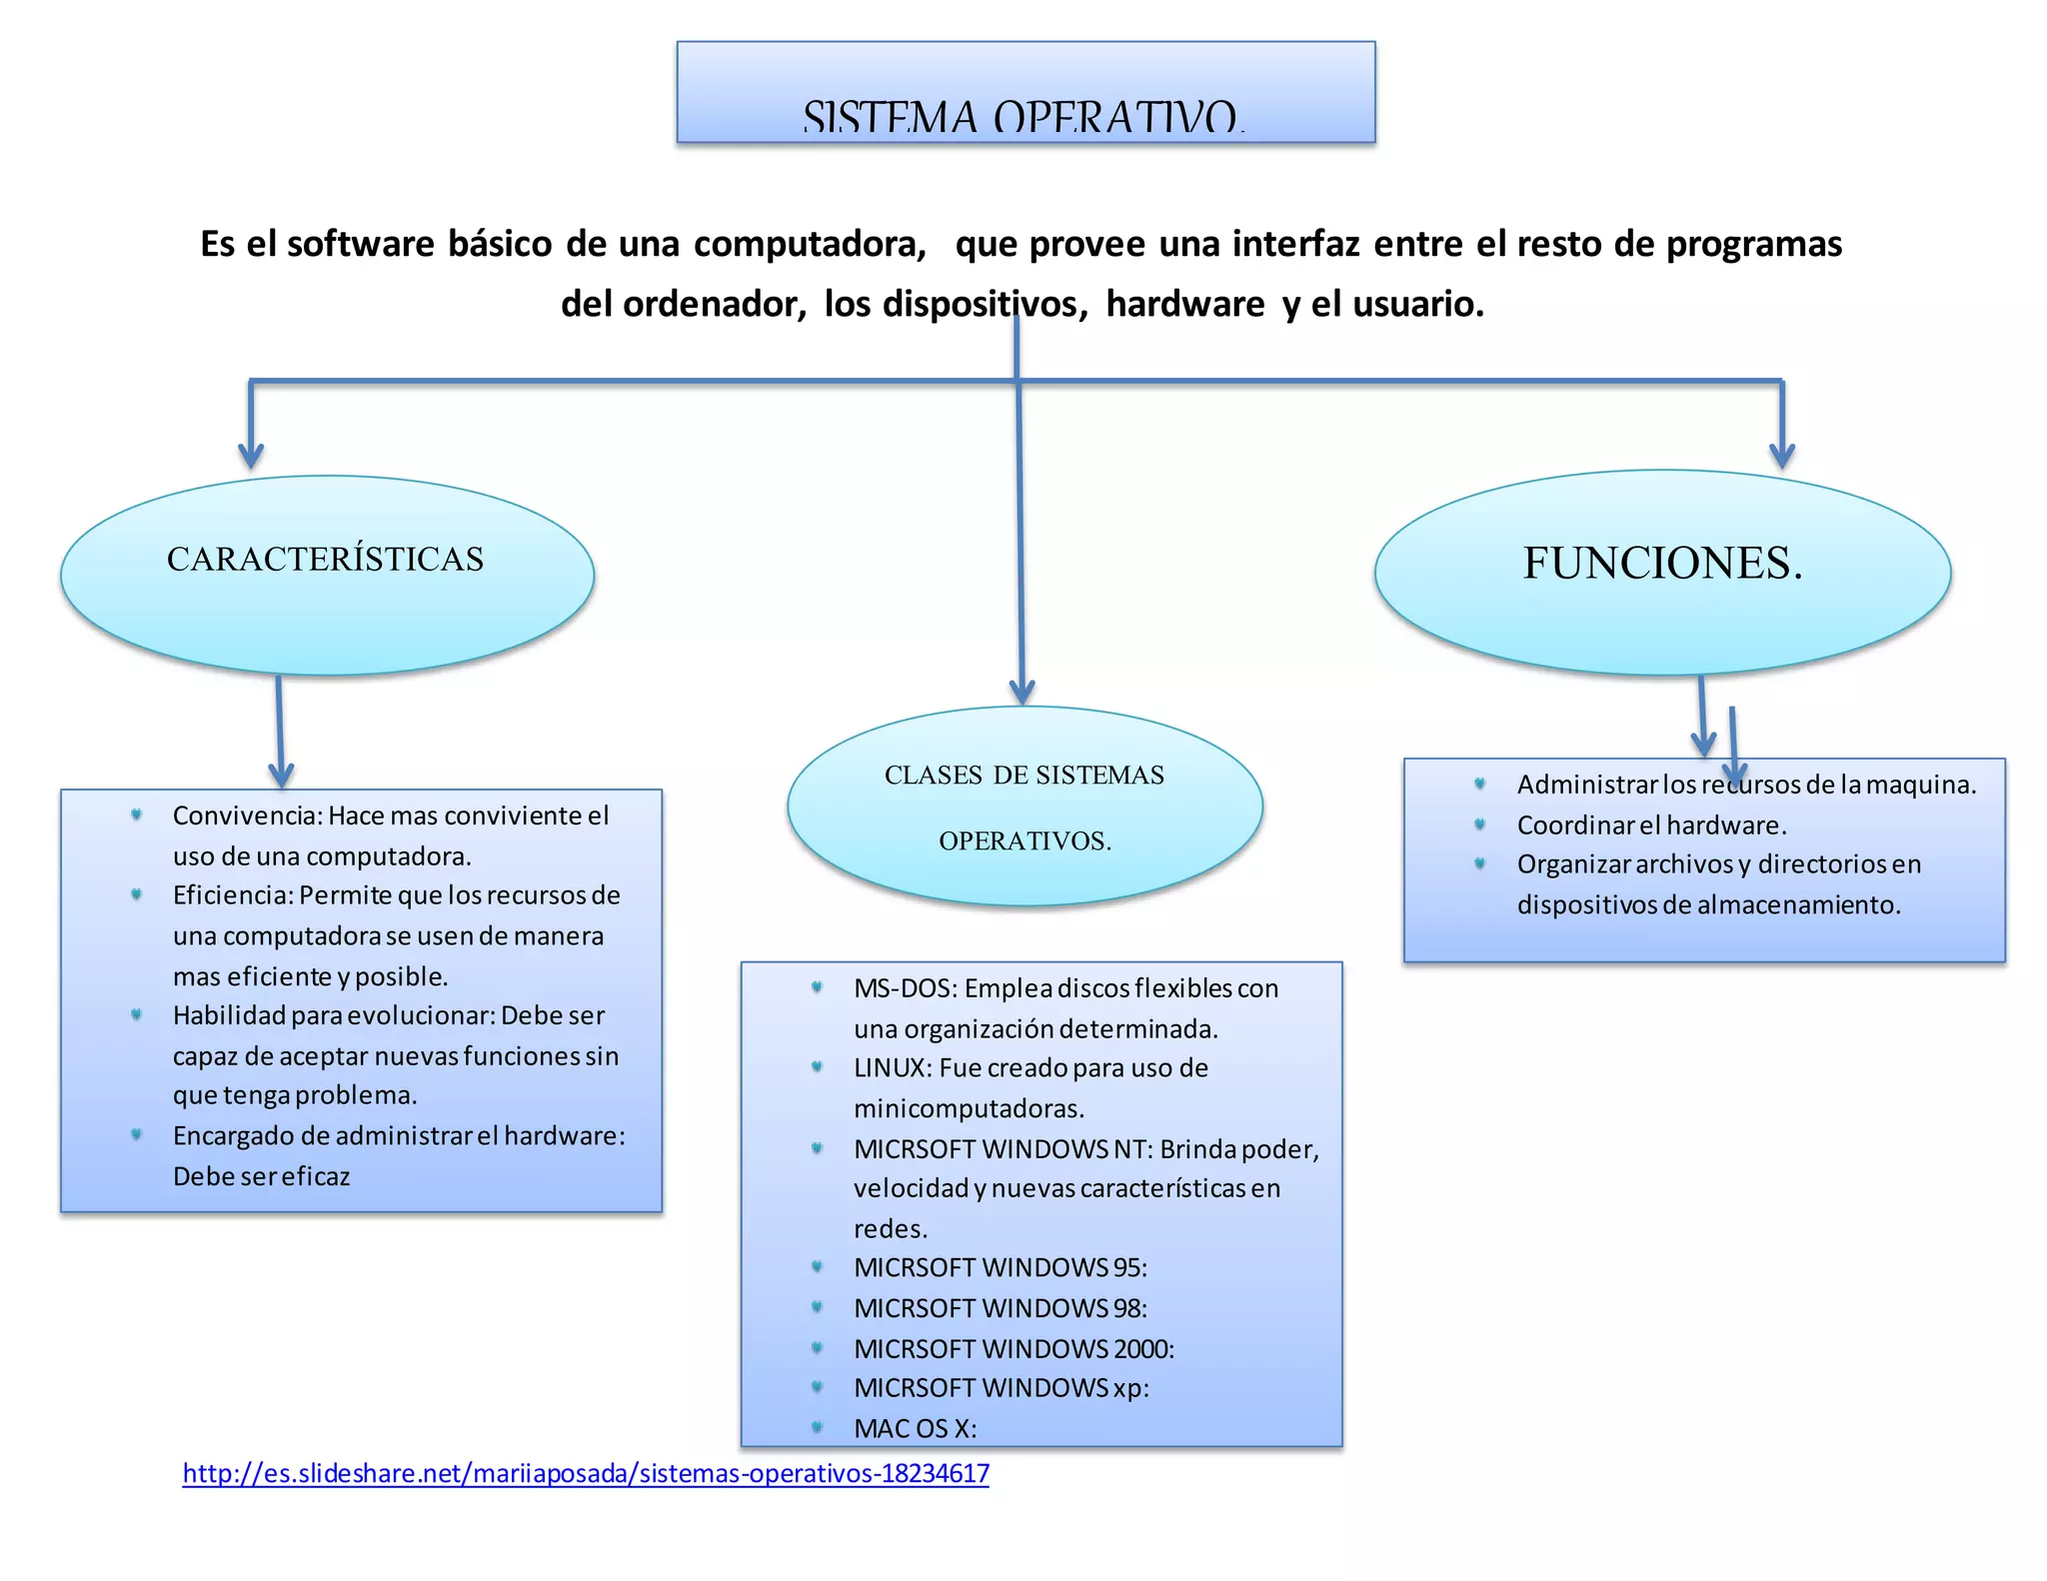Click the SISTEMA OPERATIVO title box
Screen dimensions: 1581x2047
(1025, 92)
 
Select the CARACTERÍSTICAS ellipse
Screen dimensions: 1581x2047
(327, 575)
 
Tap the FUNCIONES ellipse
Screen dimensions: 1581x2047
(1662, 572)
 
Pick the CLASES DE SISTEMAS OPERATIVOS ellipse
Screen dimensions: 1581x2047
(1024, 806)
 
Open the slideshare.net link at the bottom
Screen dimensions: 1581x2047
(586, 1473)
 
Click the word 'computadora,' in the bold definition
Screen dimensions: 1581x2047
(810, 244)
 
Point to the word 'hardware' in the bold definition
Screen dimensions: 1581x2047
(1184, 304)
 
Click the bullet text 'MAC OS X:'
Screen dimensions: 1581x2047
(915, 1428)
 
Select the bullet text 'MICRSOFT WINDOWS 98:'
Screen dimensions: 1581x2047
(1001, 1308)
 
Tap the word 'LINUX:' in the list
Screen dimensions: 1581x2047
(893, 1068)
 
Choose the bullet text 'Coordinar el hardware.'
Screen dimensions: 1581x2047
(1651, 825)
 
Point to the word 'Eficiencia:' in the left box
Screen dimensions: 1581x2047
(233, 895)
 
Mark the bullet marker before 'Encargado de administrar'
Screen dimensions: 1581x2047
(137, 1134)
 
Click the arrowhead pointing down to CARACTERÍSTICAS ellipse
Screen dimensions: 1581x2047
(251, 457)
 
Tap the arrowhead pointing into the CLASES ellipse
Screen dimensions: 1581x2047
(1022, 692)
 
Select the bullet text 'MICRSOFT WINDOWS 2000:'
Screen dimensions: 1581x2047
(1014, 1348)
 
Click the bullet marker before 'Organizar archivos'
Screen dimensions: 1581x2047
(1480, 863)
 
